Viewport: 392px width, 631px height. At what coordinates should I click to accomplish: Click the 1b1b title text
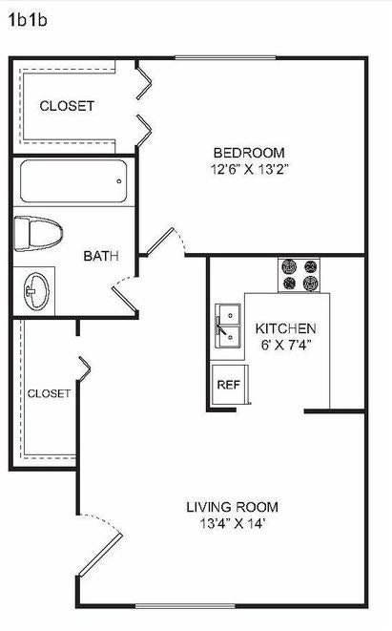pyautogui.click(x=28, y=20)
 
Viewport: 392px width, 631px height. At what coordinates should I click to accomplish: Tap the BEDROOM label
pyautogui.click(x=249, y=153)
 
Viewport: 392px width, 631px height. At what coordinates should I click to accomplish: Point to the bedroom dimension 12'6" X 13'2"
pyautogui.click(x=250, y=169)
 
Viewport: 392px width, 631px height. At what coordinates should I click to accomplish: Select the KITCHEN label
pyautogui.click(x=285, y=328)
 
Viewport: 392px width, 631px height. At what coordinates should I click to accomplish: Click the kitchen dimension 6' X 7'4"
pyautogui.click(x=287, y=346)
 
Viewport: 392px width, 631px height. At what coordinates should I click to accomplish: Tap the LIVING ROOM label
pyautogui.click(x=232, y=507)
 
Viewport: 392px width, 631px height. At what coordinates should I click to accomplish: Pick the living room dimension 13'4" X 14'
pyautogui.click(x=233, y=523)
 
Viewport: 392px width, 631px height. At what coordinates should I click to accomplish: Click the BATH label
pyautogui.click(x=101, y=256)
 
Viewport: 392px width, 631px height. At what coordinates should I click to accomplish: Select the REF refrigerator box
pyautogui.click(x=230, y=385)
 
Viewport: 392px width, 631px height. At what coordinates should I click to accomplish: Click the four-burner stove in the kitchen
pyautogui.click(x=299, y=276)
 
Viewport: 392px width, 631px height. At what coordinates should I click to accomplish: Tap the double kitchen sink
pyautogui.click(x=228, y=326)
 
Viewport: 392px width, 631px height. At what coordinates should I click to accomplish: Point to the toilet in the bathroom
pyautogui.click(x=38, y=233)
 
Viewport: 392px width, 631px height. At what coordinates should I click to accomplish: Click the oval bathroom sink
pyautogui.click(x=36, y=291)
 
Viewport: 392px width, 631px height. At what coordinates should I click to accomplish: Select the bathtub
pyautogui.click(x=73, y=181)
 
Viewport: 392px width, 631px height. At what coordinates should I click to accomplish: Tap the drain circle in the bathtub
pyautogui.click(x=119, y=181)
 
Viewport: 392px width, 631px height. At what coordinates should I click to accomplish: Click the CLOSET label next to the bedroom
pyautogui.click(x=67, y=106)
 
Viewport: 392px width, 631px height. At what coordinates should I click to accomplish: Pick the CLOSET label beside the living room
pyautogui.click(x=49, y=393)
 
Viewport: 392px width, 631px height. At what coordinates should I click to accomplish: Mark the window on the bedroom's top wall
pyautogui.click(x=225, y=58)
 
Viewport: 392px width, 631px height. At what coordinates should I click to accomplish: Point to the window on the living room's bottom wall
pyautogui.click(x=185, y=605)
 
